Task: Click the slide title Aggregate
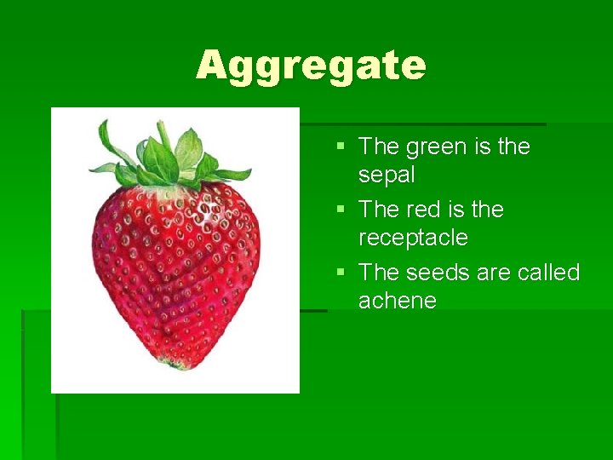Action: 311,66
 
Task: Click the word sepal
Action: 387,175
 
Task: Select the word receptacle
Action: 413,238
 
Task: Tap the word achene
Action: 398,301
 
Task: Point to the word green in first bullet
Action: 436,147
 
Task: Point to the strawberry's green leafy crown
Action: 170,158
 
